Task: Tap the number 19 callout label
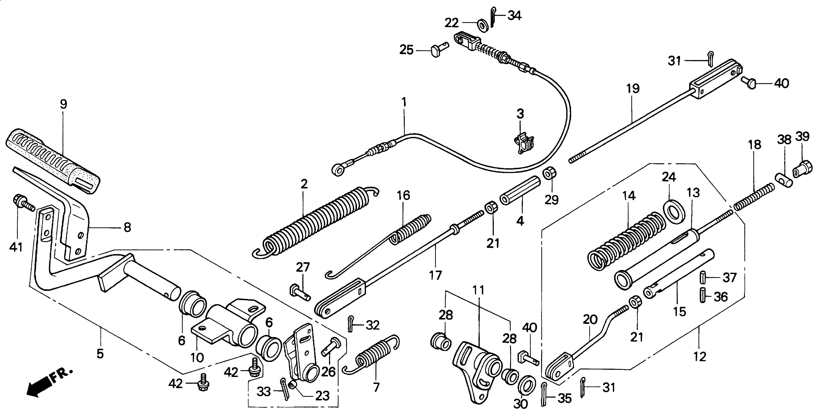(x=633, y=89)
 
